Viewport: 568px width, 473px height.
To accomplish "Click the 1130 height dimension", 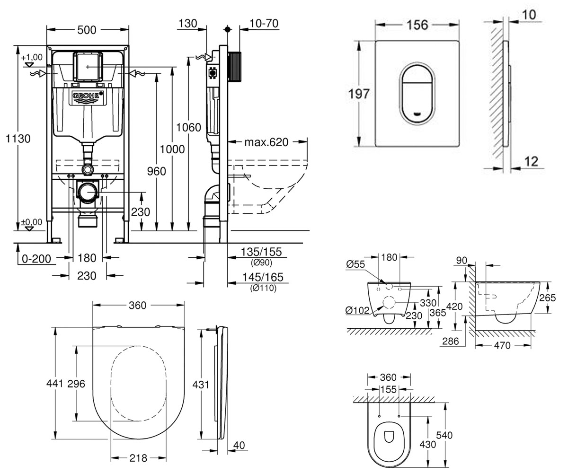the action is point(18,139).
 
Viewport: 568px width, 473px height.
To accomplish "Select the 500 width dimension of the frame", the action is point(87,30).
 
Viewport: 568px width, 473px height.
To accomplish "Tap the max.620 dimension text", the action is point(266,142).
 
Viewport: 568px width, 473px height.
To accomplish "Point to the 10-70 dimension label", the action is point(264,23).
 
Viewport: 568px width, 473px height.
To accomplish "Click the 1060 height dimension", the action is point(188,127).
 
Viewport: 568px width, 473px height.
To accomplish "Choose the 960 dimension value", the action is point(156,171).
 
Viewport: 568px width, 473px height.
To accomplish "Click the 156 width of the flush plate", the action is point(417,25).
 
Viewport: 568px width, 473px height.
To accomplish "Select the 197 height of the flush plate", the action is point(359,94).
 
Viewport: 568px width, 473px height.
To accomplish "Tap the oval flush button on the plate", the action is point(417,95).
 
